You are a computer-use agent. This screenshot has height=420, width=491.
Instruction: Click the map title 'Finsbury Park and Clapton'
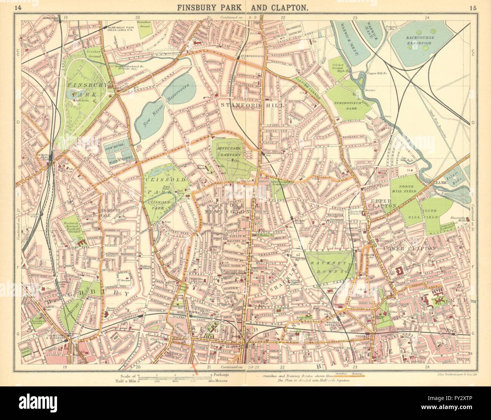pos(245,7)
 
